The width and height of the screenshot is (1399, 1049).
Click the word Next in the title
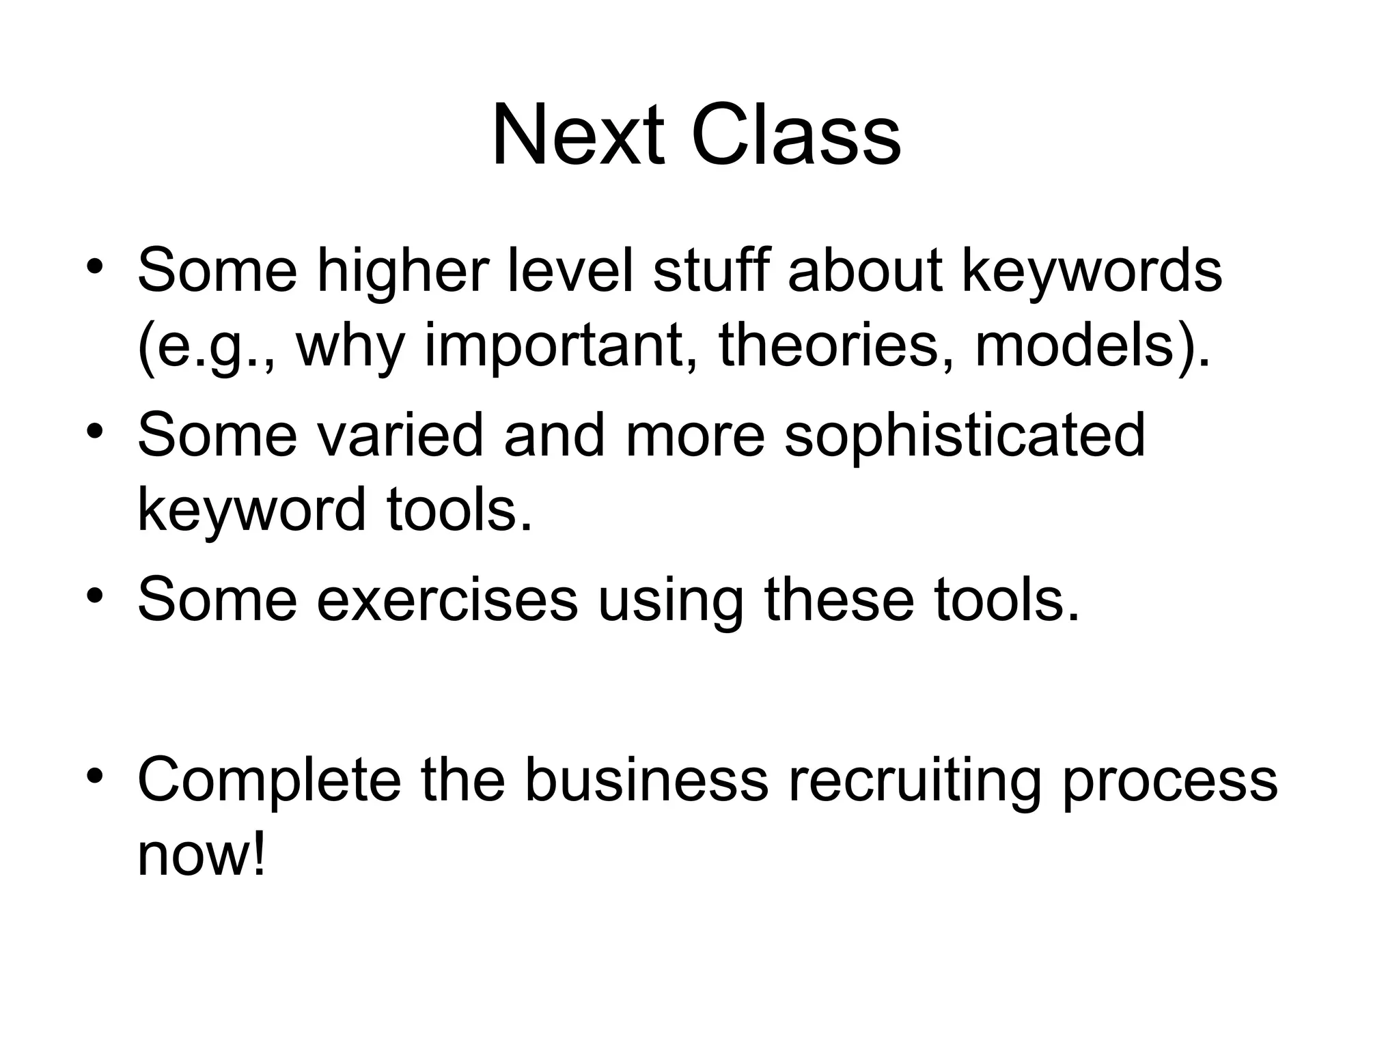point(577,136)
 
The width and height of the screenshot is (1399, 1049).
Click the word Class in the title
point(796,136)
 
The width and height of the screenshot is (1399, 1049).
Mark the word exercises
point(447,599)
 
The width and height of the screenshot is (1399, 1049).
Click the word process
point(1169,782)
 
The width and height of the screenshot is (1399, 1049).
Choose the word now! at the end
point(201,856)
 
